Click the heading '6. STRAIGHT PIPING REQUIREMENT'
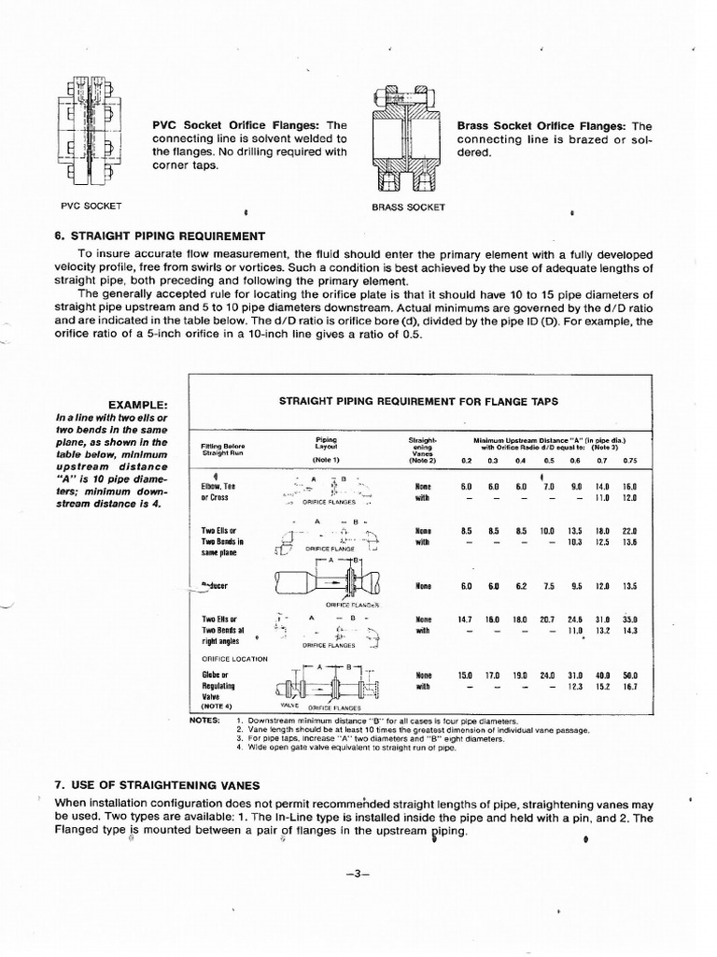160,236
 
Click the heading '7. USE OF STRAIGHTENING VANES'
157,784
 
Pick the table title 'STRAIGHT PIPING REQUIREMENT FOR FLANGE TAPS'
418,401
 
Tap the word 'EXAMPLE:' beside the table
137,404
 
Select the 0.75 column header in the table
628,461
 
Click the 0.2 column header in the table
467,461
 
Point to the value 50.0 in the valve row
629,675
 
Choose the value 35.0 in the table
629,619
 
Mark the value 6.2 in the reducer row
521,586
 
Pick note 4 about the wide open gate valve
358,748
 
